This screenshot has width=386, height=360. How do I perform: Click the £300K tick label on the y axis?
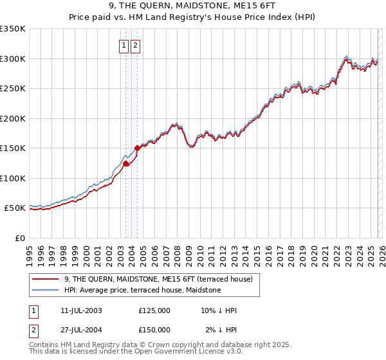(x=13, y=59)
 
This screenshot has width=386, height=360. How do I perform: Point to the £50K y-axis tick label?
(x=15, y=208)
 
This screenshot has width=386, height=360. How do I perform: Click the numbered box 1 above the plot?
(x=123, y=45)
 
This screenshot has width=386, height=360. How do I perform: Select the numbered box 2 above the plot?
(x=136, y=45)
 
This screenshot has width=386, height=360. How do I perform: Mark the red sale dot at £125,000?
(x=126, y=163)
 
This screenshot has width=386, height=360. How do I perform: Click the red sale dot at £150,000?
(x=138, y=148)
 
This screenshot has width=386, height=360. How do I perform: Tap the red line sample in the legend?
(x=46, y=279)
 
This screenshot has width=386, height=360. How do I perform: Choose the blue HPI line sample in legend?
(x=46, y=290)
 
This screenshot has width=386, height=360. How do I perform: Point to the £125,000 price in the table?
(x=154, y=310)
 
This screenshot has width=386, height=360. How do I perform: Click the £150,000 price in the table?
(x=154, y=329)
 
